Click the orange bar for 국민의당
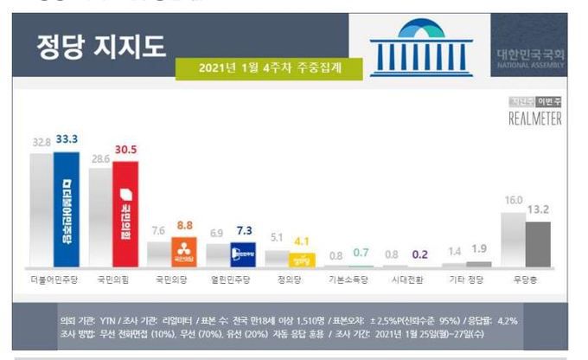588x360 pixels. click(183, 252)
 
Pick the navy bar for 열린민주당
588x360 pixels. click(242, 254)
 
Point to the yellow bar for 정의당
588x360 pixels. click(302, 258)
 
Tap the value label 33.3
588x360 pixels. click(67, 138)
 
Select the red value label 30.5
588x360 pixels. click(126, 150)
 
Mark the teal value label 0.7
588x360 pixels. click(362, 253)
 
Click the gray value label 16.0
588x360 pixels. click(512, 200)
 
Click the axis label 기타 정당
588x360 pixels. click(468, 281)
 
